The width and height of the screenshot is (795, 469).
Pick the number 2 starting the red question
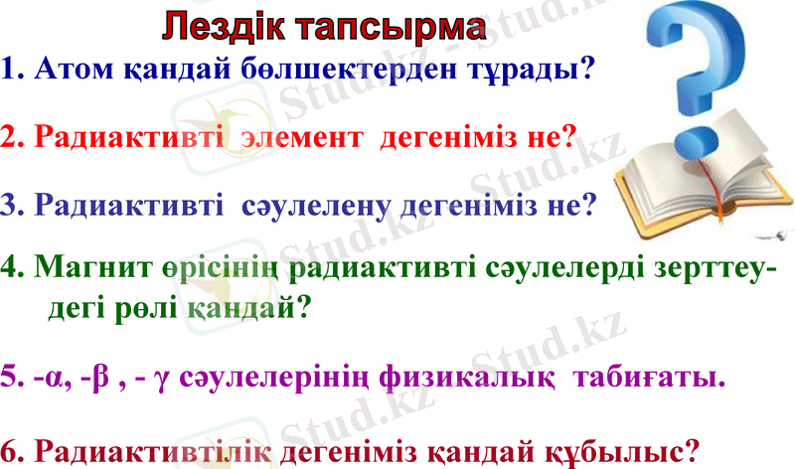pyautogui.click(x=10, y=137)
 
